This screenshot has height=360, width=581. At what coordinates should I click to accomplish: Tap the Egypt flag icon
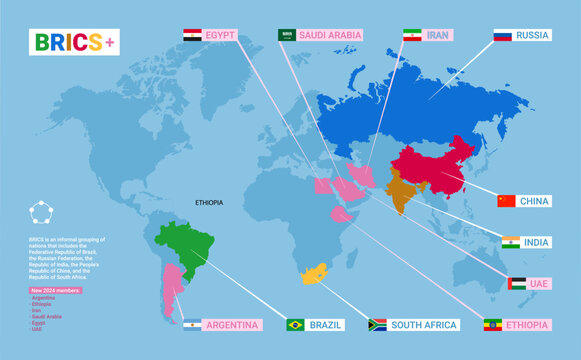coord(192,35)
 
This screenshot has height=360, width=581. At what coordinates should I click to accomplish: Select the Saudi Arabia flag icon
coord(287,35)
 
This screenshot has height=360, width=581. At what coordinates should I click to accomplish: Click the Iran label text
coord(438,35)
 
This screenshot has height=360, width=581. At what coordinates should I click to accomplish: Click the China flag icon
coord(506,201)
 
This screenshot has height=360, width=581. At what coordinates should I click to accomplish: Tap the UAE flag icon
coord(516,284)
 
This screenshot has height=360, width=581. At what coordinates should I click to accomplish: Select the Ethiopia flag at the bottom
coord(493,325)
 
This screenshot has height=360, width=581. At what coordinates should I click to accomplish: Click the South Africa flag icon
coord(377,325)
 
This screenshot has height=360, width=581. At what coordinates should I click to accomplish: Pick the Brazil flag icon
coord(295,325)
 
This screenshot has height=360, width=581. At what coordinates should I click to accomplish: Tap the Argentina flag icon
coord(191,325)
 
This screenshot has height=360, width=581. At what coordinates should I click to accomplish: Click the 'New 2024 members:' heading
coord(59,289)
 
